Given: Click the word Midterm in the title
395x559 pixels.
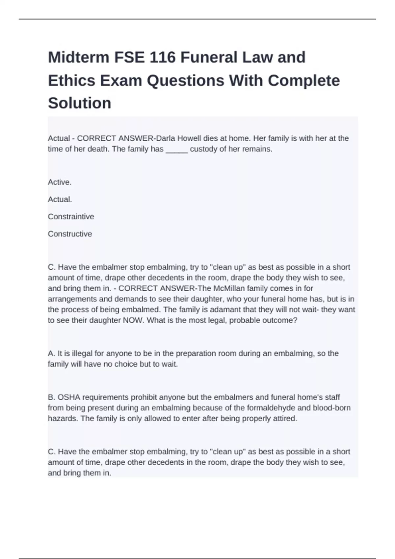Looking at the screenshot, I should click(79, 58).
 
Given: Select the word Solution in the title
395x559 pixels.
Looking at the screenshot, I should click(80, 103).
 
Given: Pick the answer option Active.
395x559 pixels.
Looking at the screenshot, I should click(60, 182).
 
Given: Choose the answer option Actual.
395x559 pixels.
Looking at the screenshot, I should click(60, 199).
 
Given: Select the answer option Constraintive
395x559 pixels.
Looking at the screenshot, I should click(71, 217).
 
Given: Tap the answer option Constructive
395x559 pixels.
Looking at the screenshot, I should click(70, 234).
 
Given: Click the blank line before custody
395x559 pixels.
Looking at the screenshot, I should click(177, 149).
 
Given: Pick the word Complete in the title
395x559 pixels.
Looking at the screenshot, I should click(303, 81).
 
